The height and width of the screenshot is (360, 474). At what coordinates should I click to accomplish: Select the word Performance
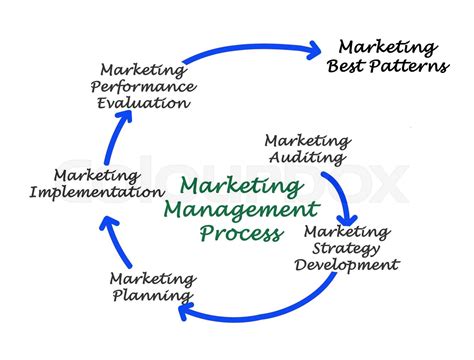pos(144,86)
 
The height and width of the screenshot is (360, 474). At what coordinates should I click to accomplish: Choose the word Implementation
pos(97,191)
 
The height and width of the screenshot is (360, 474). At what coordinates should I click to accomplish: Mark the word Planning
pos(151,295)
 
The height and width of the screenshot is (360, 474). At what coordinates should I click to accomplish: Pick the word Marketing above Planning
pos(152,278)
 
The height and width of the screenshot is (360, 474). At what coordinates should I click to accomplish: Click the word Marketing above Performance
pos(143,70)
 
